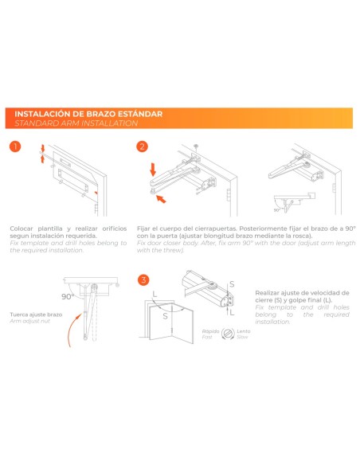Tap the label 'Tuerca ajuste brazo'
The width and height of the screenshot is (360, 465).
33,315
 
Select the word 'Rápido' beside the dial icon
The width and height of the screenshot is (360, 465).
211,330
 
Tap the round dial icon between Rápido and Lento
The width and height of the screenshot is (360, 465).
226,334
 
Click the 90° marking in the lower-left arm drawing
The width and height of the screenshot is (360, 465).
68,295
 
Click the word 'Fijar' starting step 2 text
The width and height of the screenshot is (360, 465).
143,228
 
